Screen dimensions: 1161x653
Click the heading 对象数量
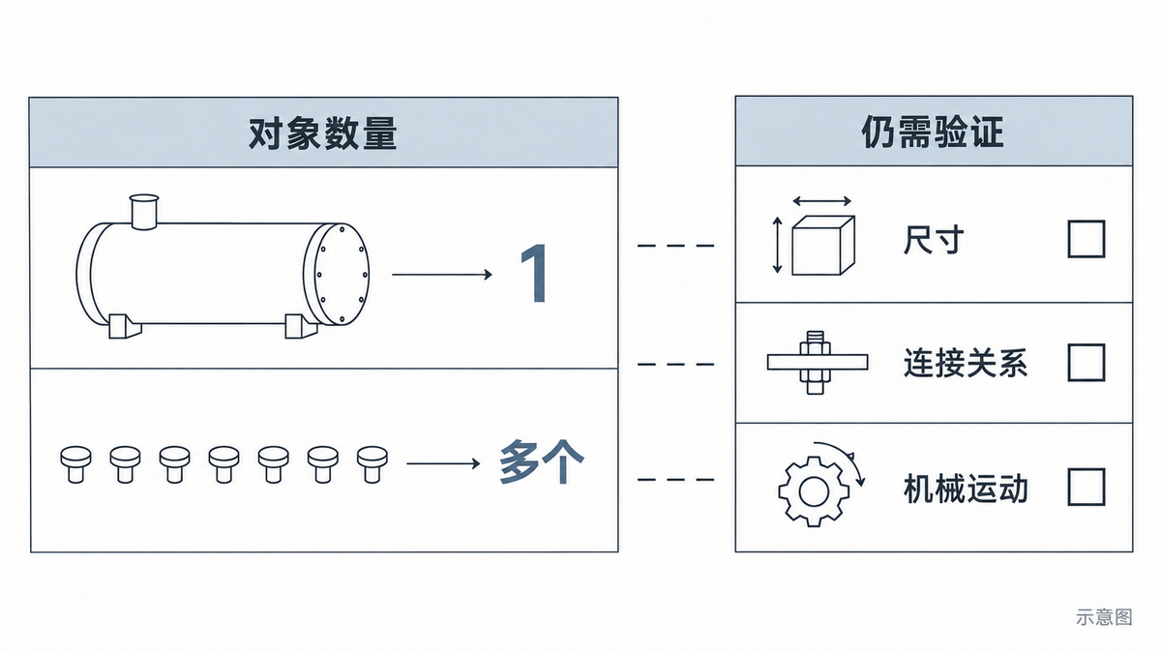coord(323,134)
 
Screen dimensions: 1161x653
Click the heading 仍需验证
coord(933,133)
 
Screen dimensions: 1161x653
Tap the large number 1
coord(534,274)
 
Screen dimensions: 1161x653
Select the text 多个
coord(542,461)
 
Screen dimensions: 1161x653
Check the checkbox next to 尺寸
coord(1087,239)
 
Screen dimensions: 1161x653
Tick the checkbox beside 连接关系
coord(1087,362)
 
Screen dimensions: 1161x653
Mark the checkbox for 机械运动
coord(1087,488)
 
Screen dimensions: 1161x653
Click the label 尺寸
coord(934,240)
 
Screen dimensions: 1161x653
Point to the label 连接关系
coord(966,363)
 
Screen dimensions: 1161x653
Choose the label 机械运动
coord(966,489)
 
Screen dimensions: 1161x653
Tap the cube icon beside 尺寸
coord(823,245)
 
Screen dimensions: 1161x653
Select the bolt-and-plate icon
coord(818,362)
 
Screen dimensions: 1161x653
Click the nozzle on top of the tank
coord(144,212)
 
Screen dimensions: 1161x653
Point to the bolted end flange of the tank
coord(337,274)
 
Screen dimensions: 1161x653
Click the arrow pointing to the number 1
coord(442,274)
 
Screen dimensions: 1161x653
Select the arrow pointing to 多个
coord(443,462)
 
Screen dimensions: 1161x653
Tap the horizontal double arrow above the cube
coord(822,201)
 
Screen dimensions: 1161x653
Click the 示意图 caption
coord(1104,617)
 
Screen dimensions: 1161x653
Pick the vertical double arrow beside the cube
coord(777,245)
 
